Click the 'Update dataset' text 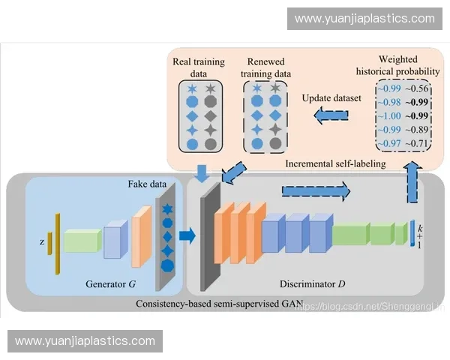[331, 97]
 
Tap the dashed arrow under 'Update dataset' [331, 115]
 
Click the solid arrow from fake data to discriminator [187, 236]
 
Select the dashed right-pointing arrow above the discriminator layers [316, 191]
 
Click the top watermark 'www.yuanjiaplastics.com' [364, 18]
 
